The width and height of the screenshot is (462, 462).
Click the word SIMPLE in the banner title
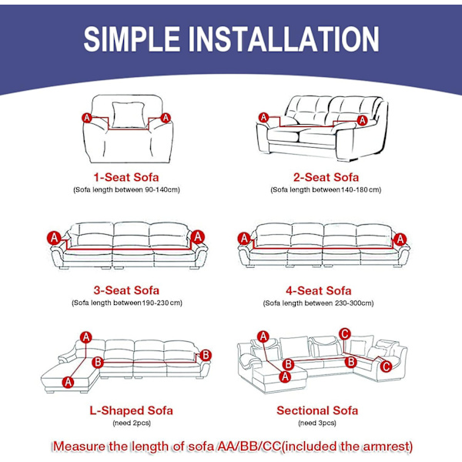point(132,39)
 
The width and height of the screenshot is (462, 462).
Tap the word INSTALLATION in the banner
point(283,39)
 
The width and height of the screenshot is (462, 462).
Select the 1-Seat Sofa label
point(126,177)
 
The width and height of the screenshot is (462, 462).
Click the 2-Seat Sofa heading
point(326,177)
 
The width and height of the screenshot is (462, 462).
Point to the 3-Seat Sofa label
point(126,290)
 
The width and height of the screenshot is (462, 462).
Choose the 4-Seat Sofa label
point(319,291)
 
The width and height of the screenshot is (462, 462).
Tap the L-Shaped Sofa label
point(131,410)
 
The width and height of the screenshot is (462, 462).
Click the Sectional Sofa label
point(317,410)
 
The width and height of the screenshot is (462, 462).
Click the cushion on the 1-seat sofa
point(129,115)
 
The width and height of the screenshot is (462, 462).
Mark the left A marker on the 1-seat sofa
point(87,118)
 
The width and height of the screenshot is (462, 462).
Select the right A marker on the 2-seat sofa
point(362,120)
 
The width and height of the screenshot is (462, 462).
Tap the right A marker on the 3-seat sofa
point(198,237)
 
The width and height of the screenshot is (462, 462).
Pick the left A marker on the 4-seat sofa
point(244,239)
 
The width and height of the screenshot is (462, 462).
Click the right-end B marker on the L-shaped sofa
point(206,355)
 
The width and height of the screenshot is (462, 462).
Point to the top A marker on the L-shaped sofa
point(86,337)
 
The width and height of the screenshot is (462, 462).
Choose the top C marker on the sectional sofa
point(345,334)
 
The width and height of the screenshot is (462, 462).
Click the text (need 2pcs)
point(132,423)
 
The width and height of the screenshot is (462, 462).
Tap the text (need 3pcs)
point(317,423)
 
